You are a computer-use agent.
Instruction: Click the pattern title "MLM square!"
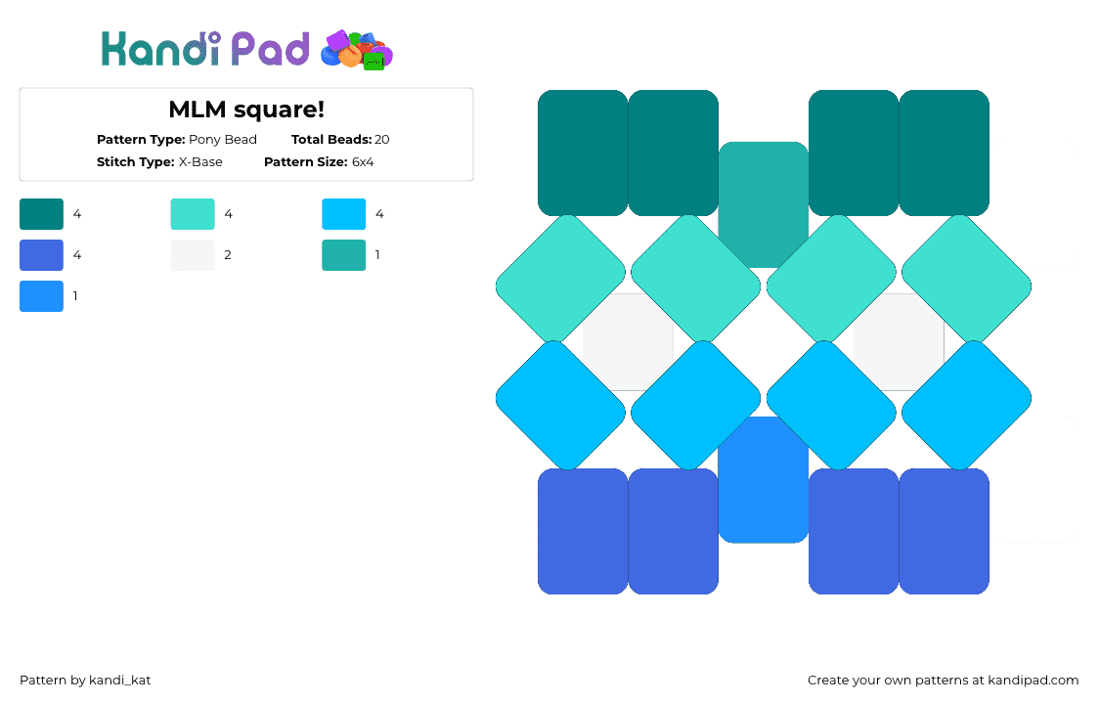246,110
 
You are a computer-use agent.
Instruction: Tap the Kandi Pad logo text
205,49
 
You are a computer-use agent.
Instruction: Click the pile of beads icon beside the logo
357,50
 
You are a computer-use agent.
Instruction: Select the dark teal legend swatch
41,214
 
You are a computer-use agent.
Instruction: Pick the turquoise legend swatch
193,214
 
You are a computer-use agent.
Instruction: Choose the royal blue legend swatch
41,255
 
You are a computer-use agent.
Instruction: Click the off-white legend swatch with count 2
193,255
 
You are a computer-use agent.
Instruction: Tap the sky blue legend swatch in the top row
343,214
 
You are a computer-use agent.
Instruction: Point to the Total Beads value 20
382,140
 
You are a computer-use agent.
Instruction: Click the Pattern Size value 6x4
363,162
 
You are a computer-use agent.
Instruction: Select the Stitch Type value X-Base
200,162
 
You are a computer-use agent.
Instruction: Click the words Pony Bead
223,140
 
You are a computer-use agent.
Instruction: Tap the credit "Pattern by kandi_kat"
85,681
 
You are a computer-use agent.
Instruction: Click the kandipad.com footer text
1033,681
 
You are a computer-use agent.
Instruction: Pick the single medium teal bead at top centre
764,204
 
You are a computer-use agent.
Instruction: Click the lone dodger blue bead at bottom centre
764,480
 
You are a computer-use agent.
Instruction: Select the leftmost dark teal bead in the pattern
583,153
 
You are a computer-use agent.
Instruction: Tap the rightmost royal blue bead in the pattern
945,532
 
